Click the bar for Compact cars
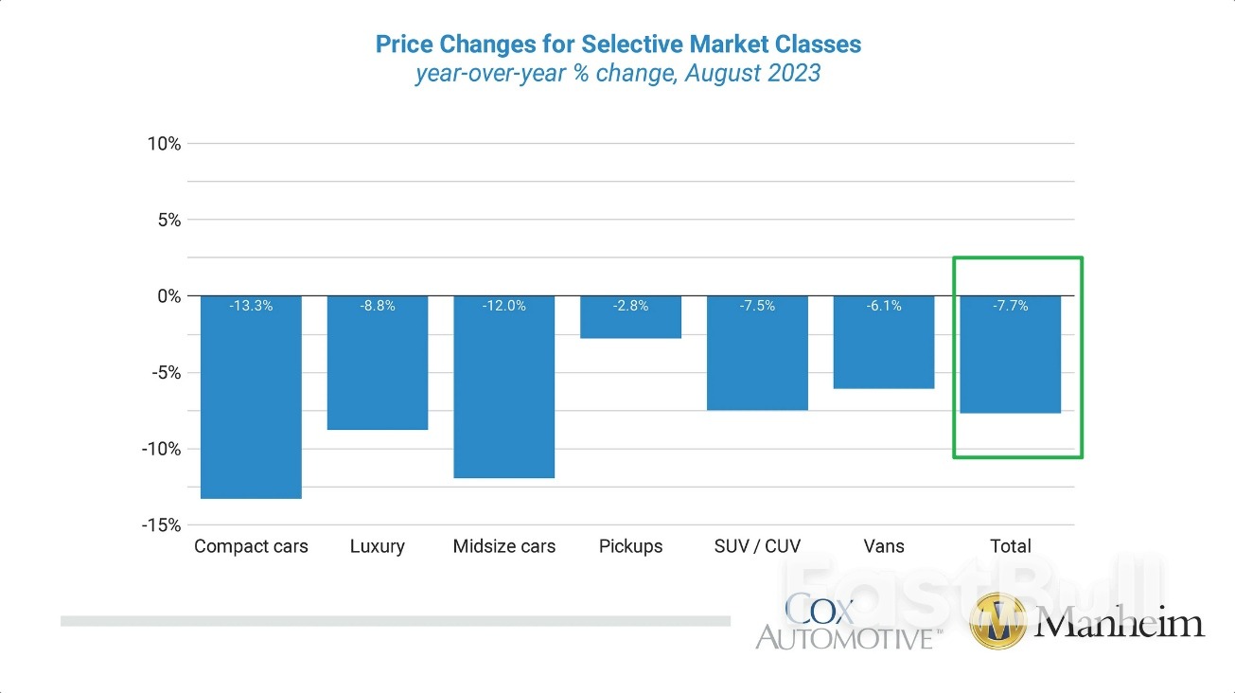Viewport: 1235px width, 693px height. click(251, 398)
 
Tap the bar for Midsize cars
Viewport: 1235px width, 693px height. click(504, 387)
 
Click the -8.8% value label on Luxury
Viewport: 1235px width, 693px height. click(378, 306)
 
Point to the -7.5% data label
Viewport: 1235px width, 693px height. click(757, 306)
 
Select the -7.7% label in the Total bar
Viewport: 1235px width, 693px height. click(1011, 306)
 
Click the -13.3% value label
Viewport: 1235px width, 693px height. click(251, 306)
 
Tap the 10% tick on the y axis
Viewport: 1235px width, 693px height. click(164, 144)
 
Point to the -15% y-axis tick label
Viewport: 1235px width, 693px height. click(161, 525)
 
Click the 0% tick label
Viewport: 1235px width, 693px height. click(168, 296)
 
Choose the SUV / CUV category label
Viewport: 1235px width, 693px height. click(757, 546)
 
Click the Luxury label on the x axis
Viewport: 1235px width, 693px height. click(378, 546)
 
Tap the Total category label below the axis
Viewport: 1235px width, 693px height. click(1011, 546)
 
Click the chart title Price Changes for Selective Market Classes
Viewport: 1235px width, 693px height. click(618, 44)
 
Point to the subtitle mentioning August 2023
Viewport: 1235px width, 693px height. click(618, 73)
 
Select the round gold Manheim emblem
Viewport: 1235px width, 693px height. click(997, 622)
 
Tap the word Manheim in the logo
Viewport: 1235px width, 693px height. click(1120, 622)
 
